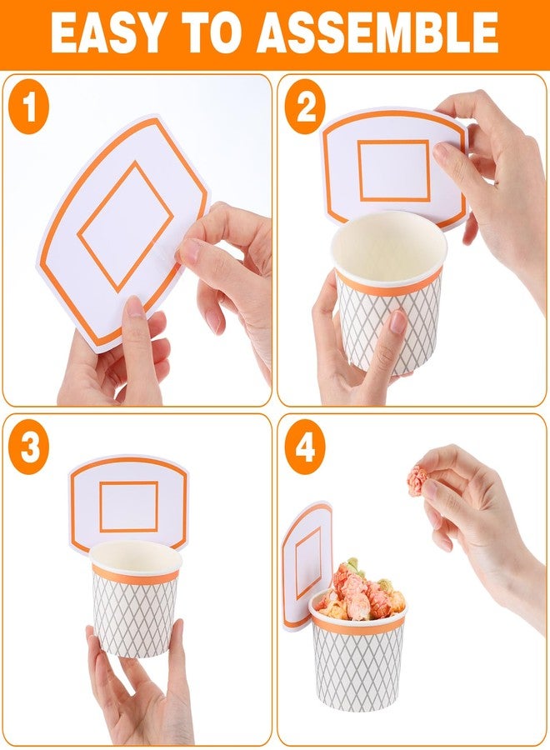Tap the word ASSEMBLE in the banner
point(377,33)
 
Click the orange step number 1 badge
point(28,107)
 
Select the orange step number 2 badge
point(305,107)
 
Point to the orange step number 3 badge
point(28,447)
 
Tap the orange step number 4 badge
point(305,447)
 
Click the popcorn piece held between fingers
point(418,481)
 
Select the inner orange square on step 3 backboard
point(128,507)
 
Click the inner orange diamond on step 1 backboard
point(125,227)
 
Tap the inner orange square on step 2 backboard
point(393,171)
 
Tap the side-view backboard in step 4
point(307,565)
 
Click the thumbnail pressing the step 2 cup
point(397,322)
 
